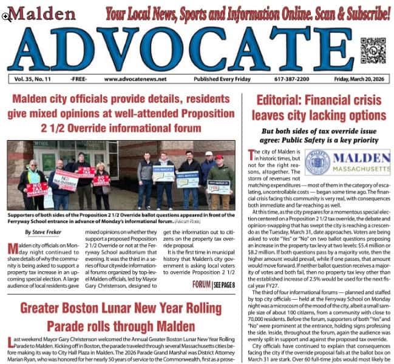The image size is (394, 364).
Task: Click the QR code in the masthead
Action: (373, 50)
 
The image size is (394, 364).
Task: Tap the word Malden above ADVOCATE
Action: (42, 13)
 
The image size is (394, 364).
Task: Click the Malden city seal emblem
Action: (317, 162)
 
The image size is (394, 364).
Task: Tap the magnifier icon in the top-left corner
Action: (6, 16)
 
